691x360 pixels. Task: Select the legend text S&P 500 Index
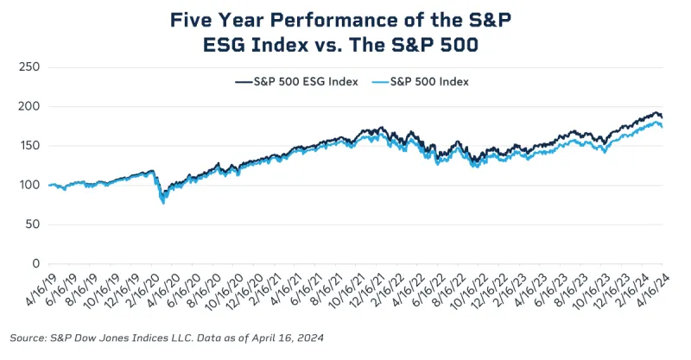tap(431, 82)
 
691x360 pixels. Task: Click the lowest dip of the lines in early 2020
tap(163, 202)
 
